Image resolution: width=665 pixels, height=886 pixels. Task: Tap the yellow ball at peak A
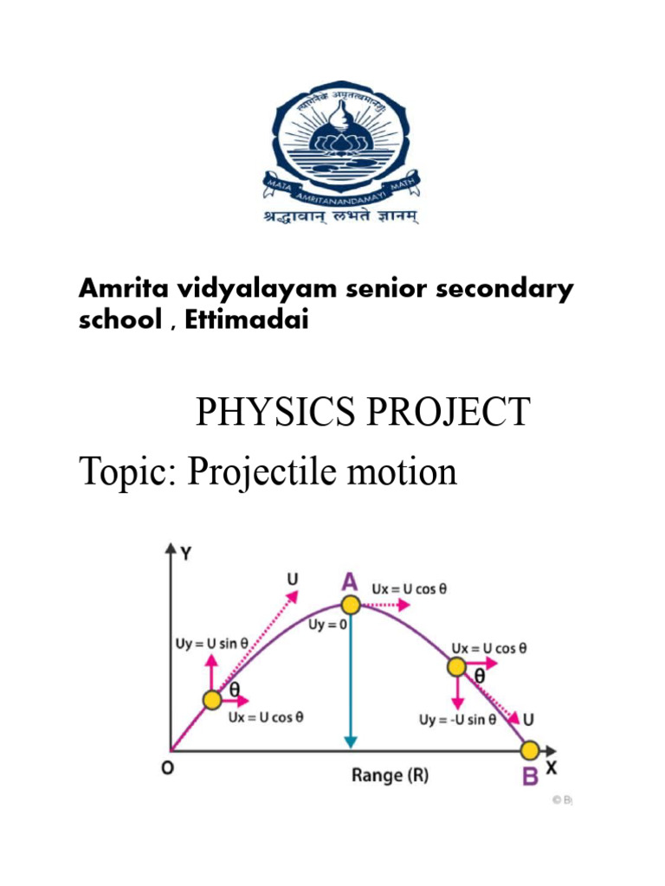click(x=350, y=605)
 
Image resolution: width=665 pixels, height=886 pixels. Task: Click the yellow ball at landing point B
click(x=530, y=749)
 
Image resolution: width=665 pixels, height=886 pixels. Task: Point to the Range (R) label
click(x=390, y=775)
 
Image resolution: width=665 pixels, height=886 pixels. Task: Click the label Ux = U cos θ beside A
click(x=410, y=588)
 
